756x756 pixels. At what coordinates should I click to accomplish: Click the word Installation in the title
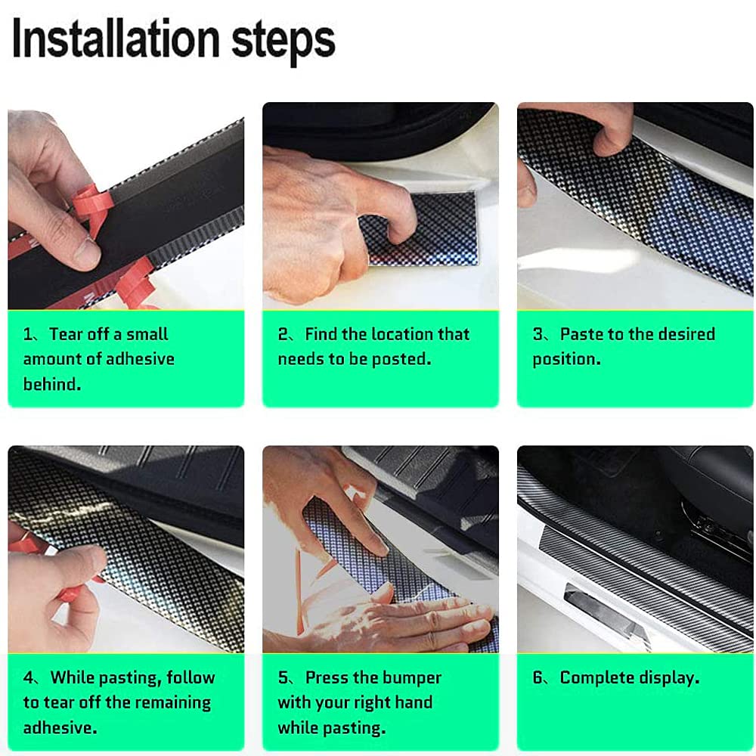pos(116,39)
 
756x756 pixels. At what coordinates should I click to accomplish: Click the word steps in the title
pos(283,42)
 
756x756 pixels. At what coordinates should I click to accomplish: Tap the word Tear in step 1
pos(67,334)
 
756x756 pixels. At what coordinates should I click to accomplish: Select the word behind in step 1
pos(51,384)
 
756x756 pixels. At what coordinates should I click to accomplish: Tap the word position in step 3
pos(566,360)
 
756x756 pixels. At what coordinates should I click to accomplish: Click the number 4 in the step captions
pos(29,678)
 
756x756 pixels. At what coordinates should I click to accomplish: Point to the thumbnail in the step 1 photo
pos(87,252)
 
